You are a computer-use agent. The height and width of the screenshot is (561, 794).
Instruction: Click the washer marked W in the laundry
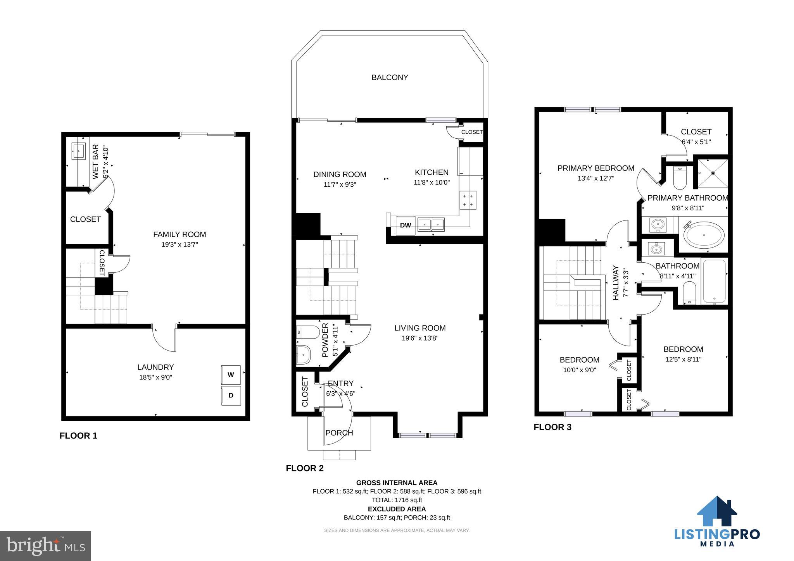[x=231, y=375]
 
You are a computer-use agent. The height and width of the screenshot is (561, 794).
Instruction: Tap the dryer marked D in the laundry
[x=231, y=396]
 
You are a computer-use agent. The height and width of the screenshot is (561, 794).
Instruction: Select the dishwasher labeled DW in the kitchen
[x=406, y=225]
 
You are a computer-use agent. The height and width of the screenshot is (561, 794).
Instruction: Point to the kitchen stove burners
[x=468, y=200]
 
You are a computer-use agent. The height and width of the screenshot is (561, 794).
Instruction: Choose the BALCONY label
[x=390, y=77]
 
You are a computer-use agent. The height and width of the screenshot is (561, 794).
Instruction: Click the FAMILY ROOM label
[x=180, y=234]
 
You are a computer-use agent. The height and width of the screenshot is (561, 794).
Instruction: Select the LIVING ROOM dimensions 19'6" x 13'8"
[x=420, y=338]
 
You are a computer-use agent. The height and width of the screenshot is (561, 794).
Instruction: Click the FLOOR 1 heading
[x=78, y=436]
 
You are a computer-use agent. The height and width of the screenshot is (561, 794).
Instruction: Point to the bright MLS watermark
[x=46, y=546]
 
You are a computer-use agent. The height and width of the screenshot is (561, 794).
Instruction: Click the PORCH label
[x=339, y=433]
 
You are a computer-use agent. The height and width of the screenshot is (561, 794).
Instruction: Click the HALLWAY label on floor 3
[x=616, y=283]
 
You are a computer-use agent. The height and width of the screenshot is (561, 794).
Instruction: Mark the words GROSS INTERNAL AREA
[x=397, y=483]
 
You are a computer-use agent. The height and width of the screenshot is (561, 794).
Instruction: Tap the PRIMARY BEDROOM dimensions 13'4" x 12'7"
[x=596, y=178]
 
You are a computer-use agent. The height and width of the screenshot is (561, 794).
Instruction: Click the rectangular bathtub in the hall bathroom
[x=714, y=281]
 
